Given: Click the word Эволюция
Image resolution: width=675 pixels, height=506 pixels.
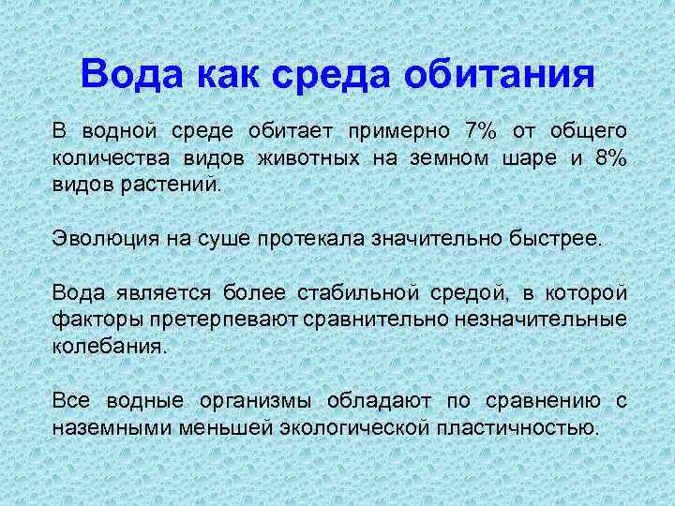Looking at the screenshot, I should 102,239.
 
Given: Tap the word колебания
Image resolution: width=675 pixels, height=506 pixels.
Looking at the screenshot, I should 110,347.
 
